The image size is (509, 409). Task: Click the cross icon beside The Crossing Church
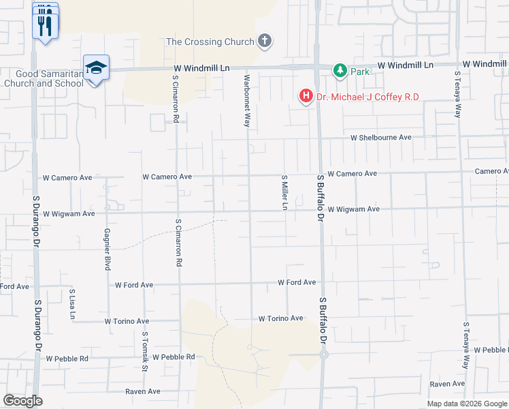[265, 42]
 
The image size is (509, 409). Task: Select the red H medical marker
[306, 97]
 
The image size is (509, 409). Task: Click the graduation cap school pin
[97, 67]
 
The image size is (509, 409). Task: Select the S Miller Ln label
[285, 192]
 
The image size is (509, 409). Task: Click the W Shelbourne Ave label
[381, 137]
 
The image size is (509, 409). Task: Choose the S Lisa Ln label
[72, 304]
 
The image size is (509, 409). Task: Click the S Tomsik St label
[145, 350]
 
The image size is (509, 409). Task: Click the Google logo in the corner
[22, 401]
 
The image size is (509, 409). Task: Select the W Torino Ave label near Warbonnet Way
[280, 318]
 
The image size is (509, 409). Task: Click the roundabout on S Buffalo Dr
[324, 354]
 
